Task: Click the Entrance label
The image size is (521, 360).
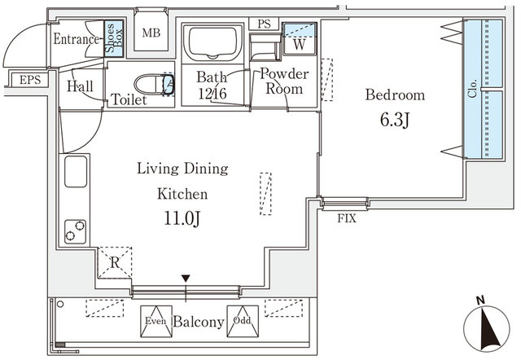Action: (x=77, y=38)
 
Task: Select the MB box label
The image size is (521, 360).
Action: (x=151, y=33)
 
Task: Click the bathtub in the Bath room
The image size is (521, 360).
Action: (x=212, y=42)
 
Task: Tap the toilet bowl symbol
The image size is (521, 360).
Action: (x=153, y=84)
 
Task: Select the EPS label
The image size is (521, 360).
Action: (x=29, y=80)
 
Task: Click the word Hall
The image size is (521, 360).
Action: (x=80, y=86)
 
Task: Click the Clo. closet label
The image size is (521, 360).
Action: (x=472, y=90)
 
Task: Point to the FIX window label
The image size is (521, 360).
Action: (x=345, y=217)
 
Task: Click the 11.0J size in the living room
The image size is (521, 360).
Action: (x=183, y=218)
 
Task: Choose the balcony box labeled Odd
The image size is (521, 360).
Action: (x=243, y=320)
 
